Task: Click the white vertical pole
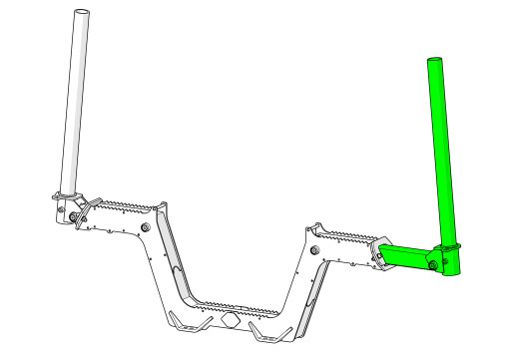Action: coord(73,100)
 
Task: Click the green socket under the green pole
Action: coord(450,262)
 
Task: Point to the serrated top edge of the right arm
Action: coord(344,235)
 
